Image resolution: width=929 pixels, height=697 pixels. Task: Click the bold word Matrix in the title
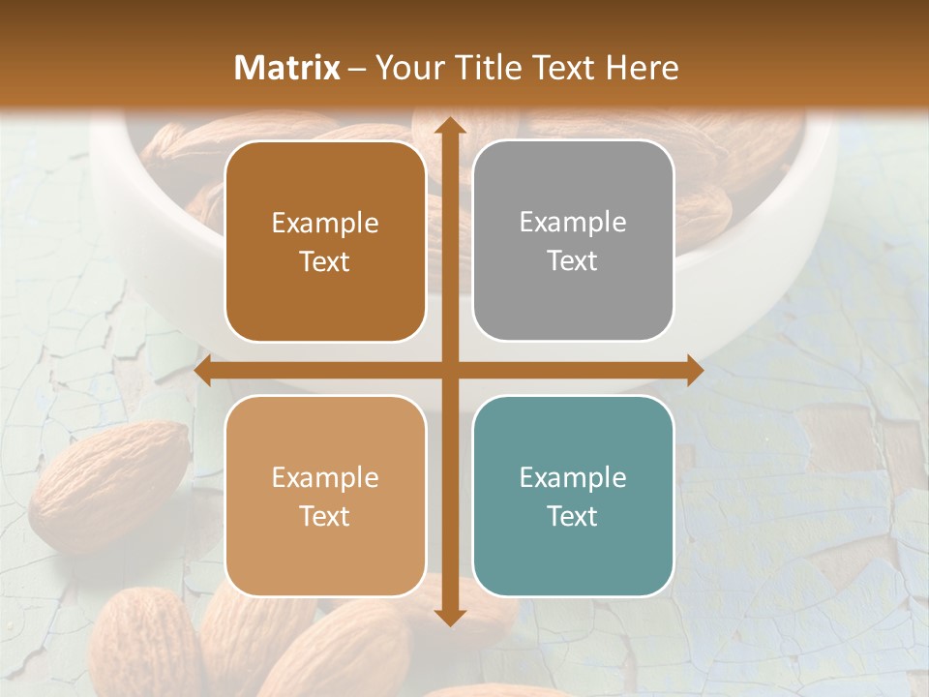click(287, 68)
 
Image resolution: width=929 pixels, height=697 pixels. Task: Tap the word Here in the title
click(642, 68)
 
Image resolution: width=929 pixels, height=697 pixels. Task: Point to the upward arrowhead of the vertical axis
click(449, 126)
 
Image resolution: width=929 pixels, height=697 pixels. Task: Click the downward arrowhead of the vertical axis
click(449, 617)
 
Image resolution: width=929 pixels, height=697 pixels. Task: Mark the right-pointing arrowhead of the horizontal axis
click(694, 371)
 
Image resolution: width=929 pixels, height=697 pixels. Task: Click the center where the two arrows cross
click(449, 371)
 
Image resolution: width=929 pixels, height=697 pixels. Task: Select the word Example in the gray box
click(573, 222)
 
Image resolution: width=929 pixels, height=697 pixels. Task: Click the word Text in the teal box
click(573, 516)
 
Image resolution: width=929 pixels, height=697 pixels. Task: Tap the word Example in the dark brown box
click(325, 223)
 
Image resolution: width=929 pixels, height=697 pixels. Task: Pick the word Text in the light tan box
click(325, 516)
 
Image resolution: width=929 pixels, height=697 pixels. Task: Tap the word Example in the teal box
click(573, 477)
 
